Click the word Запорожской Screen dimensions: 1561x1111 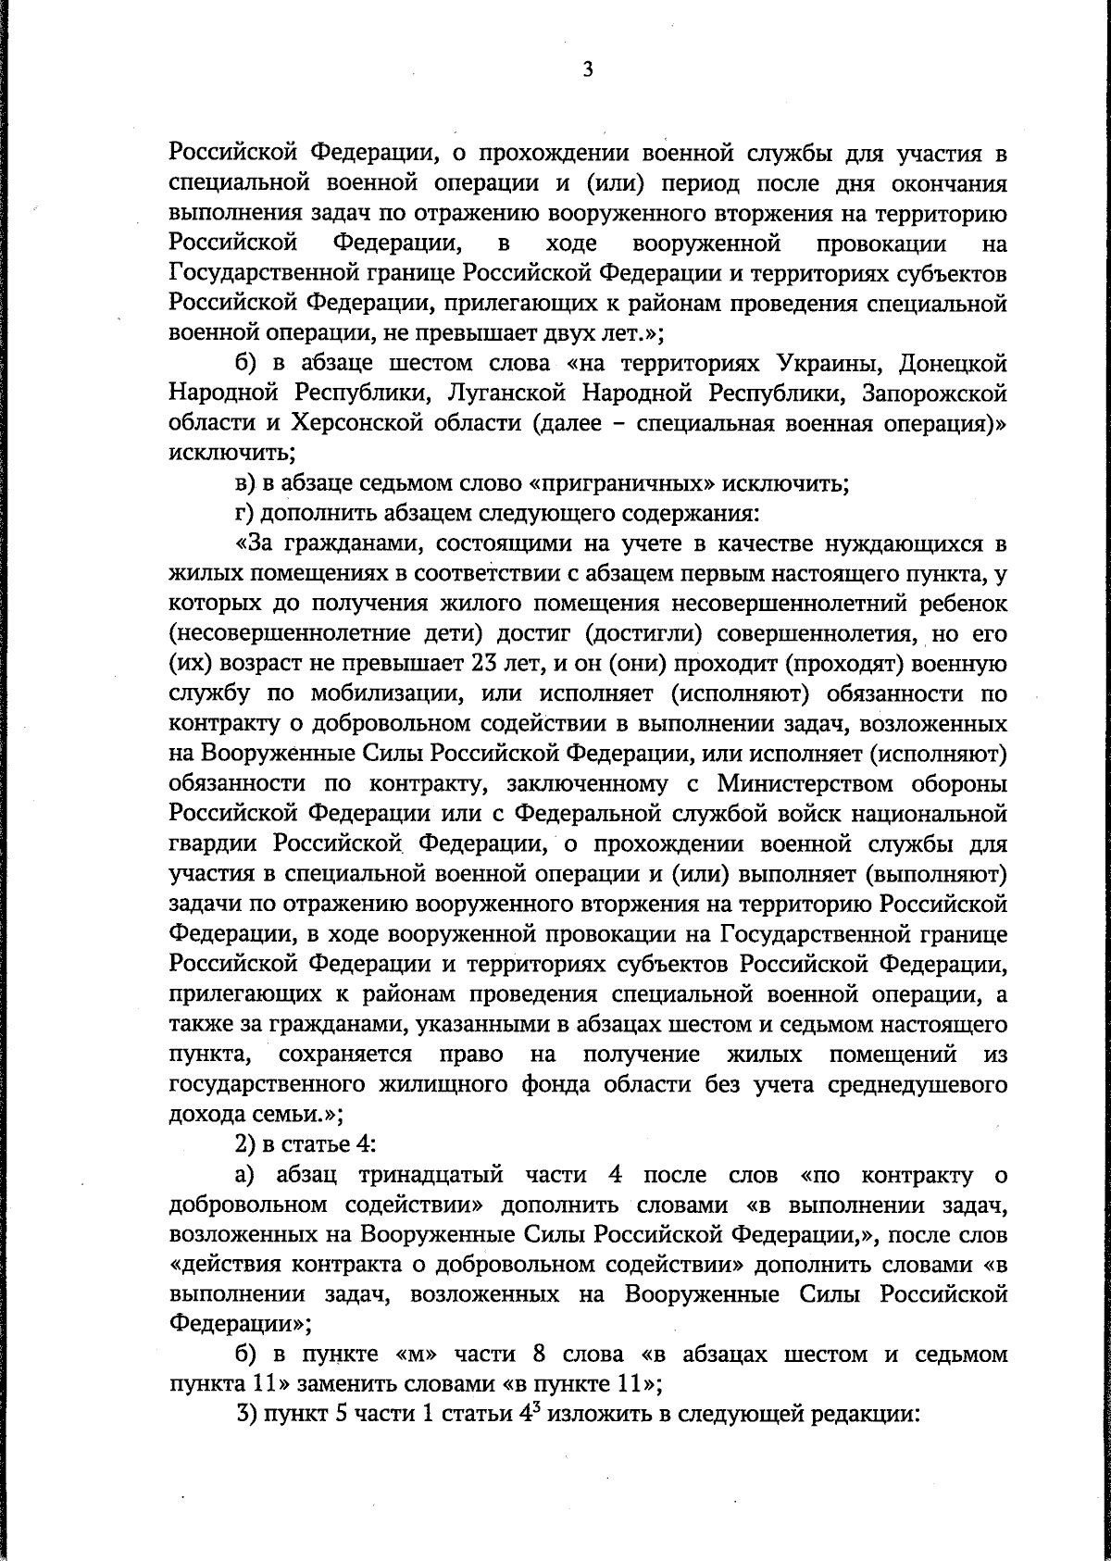pos(934,393)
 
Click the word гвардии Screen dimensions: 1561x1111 pos(215,844)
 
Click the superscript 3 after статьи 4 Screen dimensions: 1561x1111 pos(533,1410)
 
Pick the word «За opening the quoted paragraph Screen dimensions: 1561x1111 pos(255,543)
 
